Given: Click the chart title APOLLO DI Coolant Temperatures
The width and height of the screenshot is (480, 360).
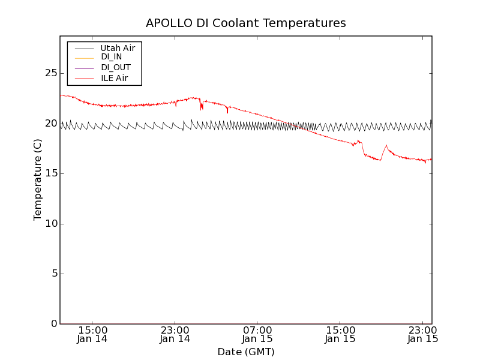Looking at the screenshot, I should coord(245,23).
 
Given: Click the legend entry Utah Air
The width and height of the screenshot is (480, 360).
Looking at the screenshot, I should coord(118,48).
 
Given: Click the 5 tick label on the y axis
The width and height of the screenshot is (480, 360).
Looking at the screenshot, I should coord(53,274).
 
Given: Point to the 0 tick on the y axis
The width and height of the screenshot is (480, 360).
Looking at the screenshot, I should coord(53,324).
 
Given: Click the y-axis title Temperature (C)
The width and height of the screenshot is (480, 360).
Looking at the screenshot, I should coord(38,179).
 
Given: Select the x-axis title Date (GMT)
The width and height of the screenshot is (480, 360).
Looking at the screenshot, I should coord(245,352).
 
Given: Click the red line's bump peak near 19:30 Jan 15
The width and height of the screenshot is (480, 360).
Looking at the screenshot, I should coord(386,145).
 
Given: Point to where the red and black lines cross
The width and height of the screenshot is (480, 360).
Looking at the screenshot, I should coord(293,125).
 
